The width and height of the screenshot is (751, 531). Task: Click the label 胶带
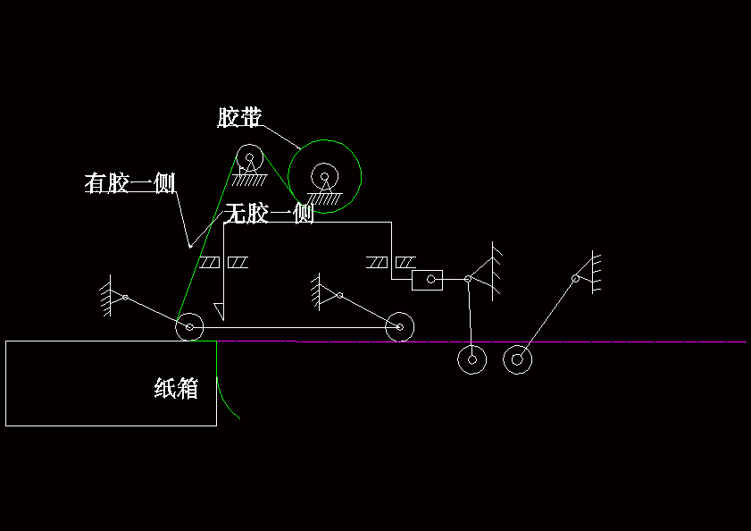click(x=239, y=118)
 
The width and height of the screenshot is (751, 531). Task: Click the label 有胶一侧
click(x=129, y=183)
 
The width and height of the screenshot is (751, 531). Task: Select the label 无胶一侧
click(x=268, y=214)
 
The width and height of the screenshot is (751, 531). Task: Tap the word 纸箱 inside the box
click(x=176, y=389)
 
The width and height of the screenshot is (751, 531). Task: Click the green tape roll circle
click(x=325, y=176)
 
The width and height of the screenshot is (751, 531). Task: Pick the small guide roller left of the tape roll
click(x=249, y=159)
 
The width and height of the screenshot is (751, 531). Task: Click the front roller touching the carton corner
click(x=189, y=328)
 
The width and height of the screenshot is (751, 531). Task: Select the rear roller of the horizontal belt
click(x=399, y=327)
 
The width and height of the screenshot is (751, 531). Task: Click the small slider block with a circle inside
click(x=427, y=281)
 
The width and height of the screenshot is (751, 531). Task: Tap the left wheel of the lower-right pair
click(x=471, y=360)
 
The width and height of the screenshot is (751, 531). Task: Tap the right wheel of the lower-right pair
click(x=517, y=360)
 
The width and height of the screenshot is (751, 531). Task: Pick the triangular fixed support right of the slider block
click(x=487, y=270)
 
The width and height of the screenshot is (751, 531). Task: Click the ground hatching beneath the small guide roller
click(x=252, y=180)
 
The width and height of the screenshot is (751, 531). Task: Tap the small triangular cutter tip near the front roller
click(x=219, y=310)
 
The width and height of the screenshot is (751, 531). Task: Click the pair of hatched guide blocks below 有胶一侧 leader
click(x=224, y=262)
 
